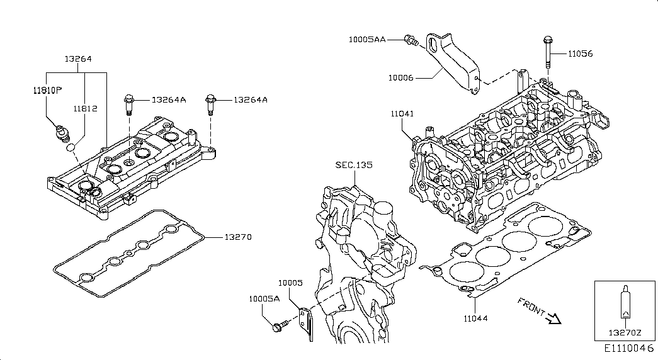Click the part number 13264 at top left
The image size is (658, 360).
[78, 59]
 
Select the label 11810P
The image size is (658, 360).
[47, 90]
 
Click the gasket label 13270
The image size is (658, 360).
[238, 237]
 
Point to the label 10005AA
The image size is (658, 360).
[367, 40]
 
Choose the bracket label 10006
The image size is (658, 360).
[400, 77]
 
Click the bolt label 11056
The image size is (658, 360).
[580, 54]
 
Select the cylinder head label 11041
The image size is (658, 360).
[402, 114]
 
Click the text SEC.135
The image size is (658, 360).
[354, 165]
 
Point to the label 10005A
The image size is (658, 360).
[264, 299]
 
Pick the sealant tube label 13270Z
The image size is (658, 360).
[624, 332]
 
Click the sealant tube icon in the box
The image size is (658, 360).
[625, 304]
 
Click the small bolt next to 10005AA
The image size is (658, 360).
[411, 41]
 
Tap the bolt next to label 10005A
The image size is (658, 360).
[279, 326]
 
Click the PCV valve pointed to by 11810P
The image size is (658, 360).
[62, 133]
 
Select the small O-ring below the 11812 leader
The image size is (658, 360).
[72, 147]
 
